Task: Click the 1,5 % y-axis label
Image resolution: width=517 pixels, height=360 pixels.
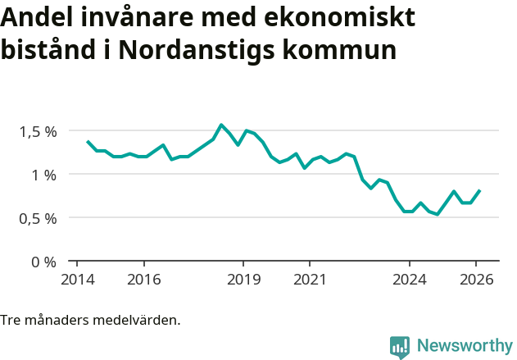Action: [39, 131]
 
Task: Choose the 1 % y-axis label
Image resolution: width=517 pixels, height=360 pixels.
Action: [44, 175]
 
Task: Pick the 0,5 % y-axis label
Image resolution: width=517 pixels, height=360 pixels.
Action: [39, 218]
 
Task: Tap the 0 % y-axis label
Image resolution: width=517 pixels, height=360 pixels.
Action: [44, 262]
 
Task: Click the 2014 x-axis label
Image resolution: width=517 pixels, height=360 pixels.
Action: [77, 279]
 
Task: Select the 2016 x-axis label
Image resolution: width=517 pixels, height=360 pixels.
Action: [143, 279]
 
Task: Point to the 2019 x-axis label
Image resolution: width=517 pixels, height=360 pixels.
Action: [243, 279]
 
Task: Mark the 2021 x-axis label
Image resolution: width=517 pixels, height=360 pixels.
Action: [310, 279]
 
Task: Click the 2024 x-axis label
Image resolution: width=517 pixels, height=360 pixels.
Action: [410, 279]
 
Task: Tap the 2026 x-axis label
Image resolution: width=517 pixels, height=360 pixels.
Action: [476, 279]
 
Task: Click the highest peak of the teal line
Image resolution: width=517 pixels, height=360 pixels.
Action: [221, 125]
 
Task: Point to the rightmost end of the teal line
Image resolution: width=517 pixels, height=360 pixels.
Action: [480, 190]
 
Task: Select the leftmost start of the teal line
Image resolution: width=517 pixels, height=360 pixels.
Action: [88, 141]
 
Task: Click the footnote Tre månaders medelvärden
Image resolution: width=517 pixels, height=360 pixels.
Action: [90, 320]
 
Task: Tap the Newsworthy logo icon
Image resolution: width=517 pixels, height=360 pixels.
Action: [400, 347]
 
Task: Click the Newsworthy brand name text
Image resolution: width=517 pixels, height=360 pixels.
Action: [464, 346]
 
